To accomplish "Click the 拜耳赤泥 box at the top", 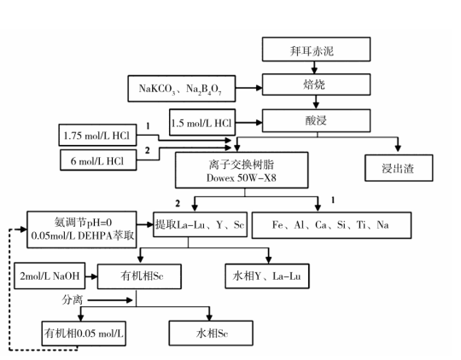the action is point(316,49).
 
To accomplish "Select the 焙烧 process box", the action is point(316,84).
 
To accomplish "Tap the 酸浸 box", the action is point(316,120).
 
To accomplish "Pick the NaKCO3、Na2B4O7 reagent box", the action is point(181,89).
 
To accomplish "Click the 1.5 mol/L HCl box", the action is point(202,122).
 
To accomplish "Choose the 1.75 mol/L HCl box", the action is point(97,135).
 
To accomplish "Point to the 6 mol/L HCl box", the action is point(98,160).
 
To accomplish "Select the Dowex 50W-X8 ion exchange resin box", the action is point(242,170).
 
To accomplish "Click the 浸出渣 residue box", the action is point(399,168).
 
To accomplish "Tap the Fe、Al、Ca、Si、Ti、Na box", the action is point(331,225).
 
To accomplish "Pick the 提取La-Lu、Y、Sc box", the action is point(200,224).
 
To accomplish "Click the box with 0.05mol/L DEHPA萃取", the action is point(82,229).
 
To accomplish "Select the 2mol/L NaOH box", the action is point(50,276).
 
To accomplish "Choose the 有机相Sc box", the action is point(139,276).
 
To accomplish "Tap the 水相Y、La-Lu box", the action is point(267,276).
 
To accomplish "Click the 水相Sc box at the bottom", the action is point(211,333).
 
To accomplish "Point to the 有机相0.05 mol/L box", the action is point(84,334).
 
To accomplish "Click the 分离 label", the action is point(73,300).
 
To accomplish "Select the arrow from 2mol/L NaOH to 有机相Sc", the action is point(91,276).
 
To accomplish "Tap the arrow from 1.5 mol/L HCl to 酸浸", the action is point(249,123).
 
